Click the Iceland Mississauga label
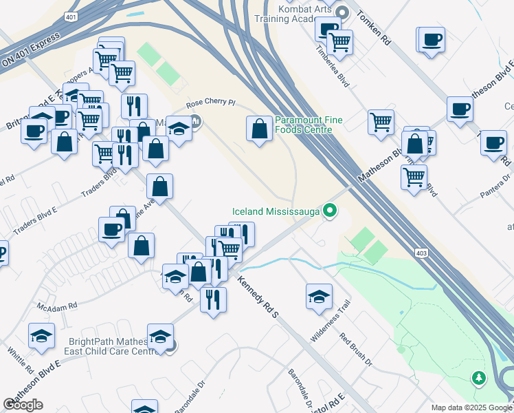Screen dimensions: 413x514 (276, 211)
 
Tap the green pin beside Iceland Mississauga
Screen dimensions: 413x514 (331, 211)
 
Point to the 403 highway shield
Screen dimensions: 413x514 (423, 254)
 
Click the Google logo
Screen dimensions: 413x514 (23, 405)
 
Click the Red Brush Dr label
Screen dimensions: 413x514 (356, 348)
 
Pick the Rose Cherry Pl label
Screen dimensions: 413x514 (211, 104)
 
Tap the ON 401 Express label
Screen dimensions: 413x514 (26, 52)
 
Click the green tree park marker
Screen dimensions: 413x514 (479, 378)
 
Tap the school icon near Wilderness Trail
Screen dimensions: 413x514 (319, 296)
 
